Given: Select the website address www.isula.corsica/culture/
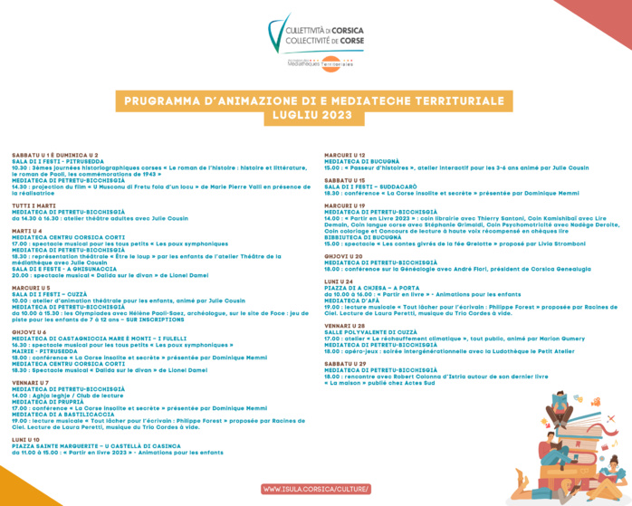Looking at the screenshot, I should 316,489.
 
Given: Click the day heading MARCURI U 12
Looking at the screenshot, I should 345,155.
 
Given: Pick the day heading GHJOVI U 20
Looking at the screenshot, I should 344,256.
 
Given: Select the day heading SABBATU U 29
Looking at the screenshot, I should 346,363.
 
